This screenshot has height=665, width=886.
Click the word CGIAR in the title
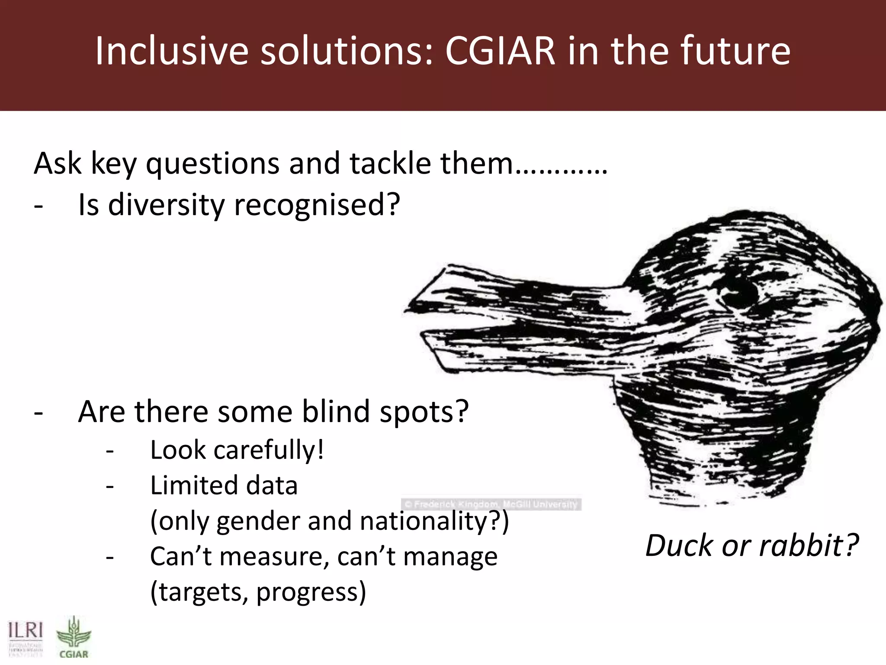(500, 51)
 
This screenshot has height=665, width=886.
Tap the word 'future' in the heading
(735, 51)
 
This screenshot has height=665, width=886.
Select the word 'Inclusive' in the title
(171, 51)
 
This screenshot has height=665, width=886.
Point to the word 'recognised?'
(317, 205)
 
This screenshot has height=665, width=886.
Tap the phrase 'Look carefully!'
(237, 450)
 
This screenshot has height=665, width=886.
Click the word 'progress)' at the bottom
(311, 592)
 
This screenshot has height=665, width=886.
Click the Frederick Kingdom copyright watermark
(491, 504)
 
